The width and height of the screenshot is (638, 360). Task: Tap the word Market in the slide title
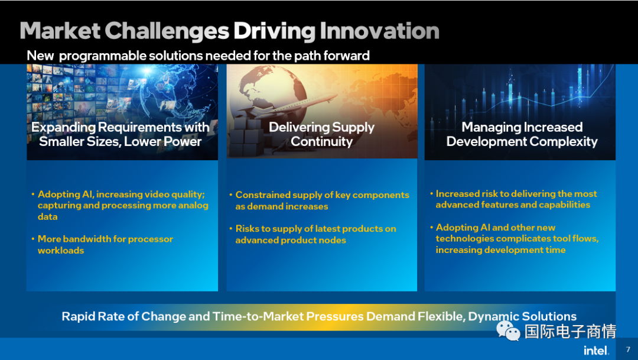point(60,31)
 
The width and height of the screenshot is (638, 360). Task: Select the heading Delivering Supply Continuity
point(321,134)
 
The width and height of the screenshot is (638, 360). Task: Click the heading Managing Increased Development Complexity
point(522,134)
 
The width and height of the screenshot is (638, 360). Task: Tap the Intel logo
point(596,350)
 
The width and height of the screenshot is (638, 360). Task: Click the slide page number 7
point(628,349)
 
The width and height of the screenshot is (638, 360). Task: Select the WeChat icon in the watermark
point(508,330)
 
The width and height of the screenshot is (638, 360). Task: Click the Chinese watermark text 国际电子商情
point(570,331)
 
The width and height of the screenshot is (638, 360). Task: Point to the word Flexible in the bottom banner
point(442,316)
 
